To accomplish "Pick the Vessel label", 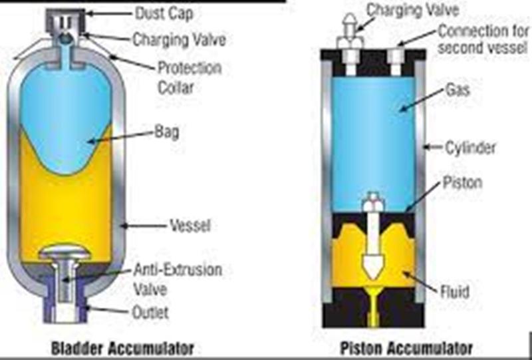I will pos(192,226).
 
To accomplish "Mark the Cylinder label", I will pos(469,147).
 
